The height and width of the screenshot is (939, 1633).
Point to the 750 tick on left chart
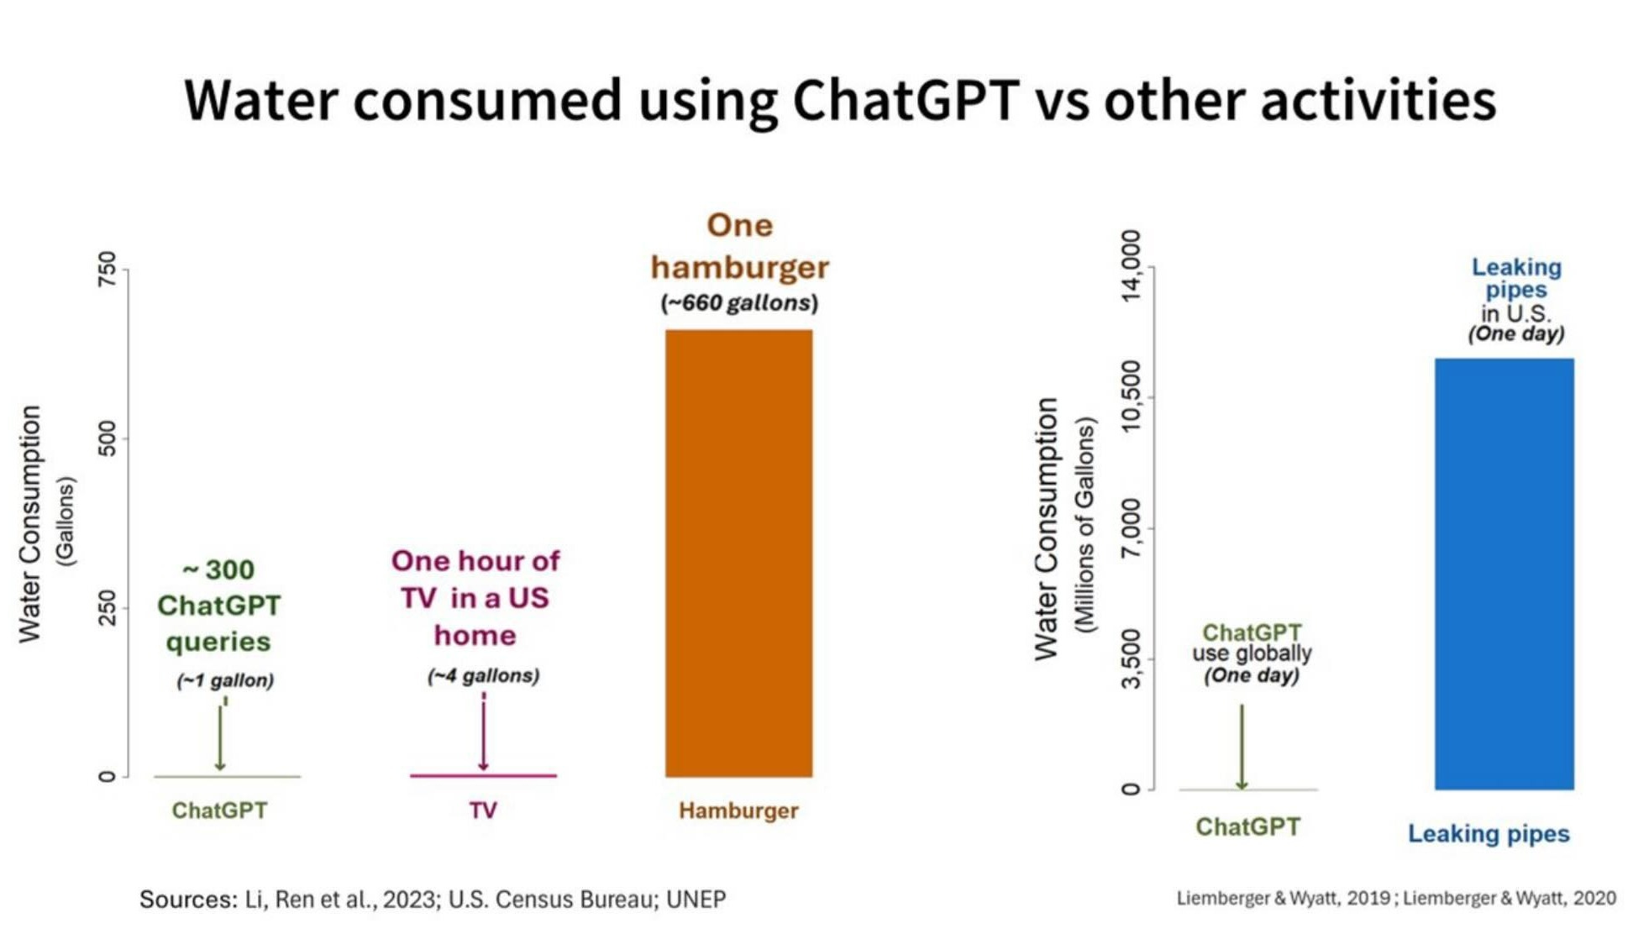point(107,269)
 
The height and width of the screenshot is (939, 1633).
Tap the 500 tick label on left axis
point(107,438)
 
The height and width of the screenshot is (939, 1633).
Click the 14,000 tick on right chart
point(1132,266)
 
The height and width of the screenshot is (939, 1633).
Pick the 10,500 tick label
point(1132,396)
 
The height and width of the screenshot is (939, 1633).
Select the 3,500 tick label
point(1132,659)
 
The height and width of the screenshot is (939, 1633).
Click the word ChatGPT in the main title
point(906,101)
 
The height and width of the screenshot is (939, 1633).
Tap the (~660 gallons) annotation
point(738,303)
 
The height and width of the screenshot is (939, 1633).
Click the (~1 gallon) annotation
point(225,680)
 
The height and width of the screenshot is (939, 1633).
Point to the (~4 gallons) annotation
point(483,676)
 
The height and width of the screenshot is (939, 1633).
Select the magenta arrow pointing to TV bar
point(483,735)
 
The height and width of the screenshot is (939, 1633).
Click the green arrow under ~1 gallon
point(220,737)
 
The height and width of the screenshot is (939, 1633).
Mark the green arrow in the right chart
point(1242,746)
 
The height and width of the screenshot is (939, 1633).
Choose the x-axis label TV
point(483,810)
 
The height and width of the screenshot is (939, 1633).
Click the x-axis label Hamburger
point(738,810)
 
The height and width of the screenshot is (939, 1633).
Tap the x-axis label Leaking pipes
point(1489,834)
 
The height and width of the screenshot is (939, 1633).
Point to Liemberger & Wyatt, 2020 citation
point(1510,899)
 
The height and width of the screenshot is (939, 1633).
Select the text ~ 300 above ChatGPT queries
point(218,570)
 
